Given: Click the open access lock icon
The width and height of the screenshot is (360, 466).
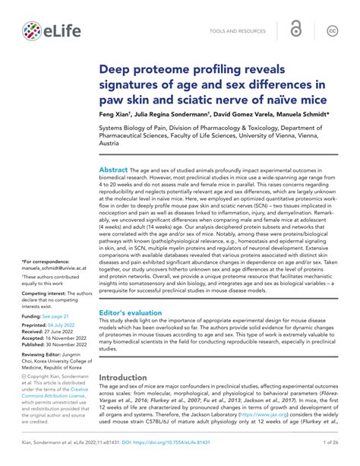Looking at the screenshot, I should tap(295, 30).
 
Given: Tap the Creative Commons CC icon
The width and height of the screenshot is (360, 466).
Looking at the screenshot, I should tap(332, 30).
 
